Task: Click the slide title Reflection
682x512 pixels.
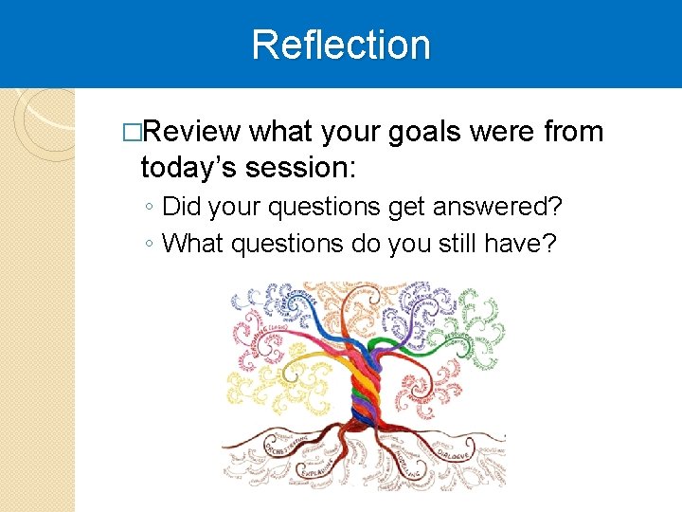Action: click(x=341, y=45)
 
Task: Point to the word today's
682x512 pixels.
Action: click(x=188, y=168)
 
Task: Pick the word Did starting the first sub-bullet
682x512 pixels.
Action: click(x=182, y=206)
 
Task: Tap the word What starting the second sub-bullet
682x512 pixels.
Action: click(x=193, y=243)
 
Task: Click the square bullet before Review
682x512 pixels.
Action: click(x=131, y=133)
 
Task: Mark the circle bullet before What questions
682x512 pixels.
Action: click(x=150, y=245)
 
